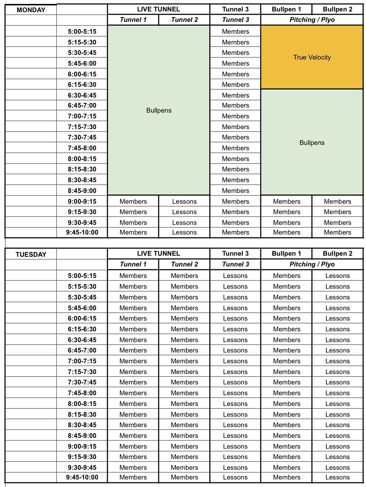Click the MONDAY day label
(31, 10)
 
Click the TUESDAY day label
(31, 255)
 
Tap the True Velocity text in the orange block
(312, 57)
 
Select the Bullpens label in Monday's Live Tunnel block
(159, 110)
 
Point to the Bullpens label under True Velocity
(312, 143)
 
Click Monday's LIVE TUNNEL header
(158, 9)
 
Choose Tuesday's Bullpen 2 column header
(337, 254)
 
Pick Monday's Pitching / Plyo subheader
(312, 20)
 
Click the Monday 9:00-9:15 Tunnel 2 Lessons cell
(184, 202)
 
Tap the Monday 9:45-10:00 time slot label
(82, 232)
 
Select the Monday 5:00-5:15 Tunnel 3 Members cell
(235, 32)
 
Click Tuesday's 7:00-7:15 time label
(82, 361)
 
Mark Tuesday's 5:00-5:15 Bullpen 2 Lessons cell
(337, 276)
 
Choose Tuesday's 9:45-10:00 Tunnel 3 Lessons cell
(235, 477)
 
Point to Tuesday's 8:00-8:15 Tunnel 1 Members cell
(133, 404)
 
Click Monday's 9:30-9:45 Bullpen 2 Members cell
(337, 223)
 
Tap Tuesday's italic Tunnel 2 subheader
(184, 264)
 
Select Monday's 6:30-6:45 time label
(82, 95)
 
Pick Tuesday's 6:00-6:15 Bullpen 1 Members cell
(286, 318)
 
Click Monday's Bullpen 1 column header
(286, 9)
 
